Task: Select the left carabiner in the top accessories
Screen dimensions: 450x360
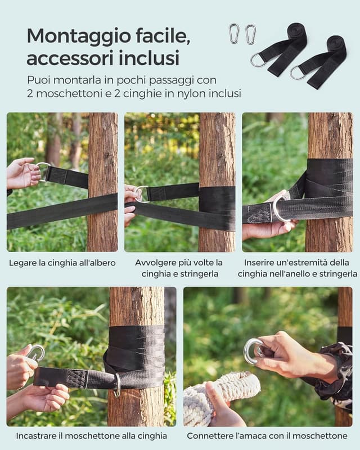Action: tap(234, 33)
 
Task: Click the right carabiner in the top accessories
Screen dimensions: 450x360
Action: tap(250, 34)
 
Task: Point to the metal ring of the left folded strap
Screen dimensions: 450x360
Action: tap(258, 60)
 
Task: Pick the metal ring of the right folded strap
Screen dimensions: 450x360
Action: tap(297, 73)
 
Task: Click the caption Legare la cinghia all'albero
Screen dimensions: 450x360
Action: tap(62, 263)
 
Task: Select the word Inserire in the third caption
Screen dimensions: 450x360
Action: tap(262, 263)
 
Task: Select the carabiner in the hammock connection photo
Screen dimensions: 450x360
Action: tap(253, 351)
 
